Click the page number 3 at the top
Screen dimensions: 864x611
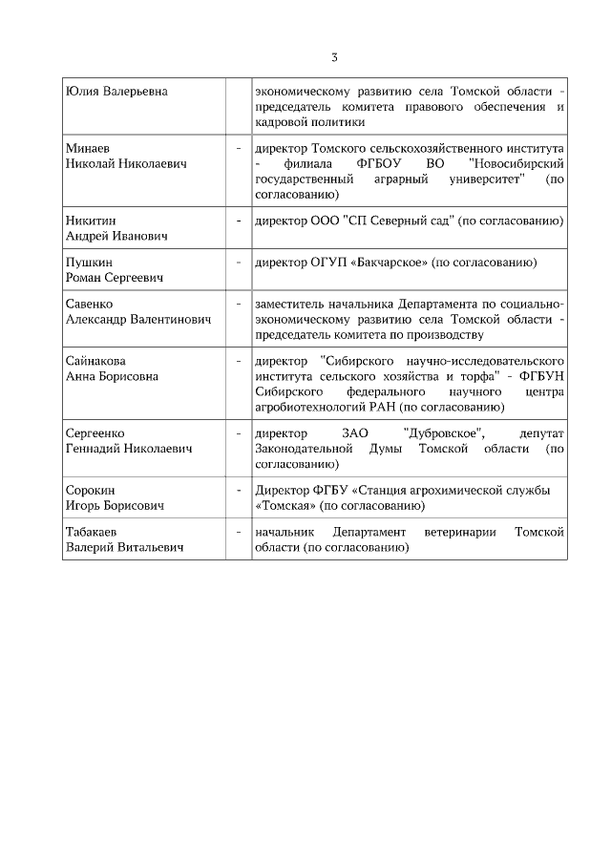click(x=334, y=57)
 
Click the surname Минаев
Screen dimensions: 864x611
click(x=87, y=149)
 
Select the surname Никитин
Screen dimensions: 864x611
click(x=90, y=221)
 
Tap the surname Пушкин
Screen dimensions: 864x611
click(x=88, y=263)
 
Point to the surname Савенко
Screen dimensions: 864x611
click(x=89, y=304)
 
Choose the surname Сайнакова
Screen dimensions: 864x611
click(x=95, y=361)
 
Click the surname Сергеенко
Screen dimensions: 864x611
click(x=95, y=432)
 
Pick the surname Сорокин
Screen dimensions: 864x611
click(x=90, y=490)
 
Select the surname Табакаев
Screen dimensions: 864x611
click(x=93, y=531)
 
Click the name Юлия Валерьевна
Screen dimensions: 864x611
click(x=116, y=92)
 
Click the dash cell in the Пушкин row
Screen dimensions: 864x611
click(x=237, y=263)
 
